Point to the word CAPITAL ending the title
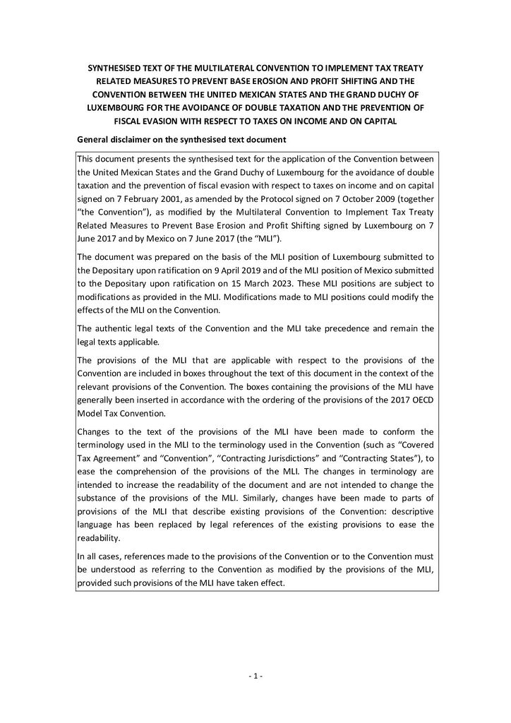click(377, 121)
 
